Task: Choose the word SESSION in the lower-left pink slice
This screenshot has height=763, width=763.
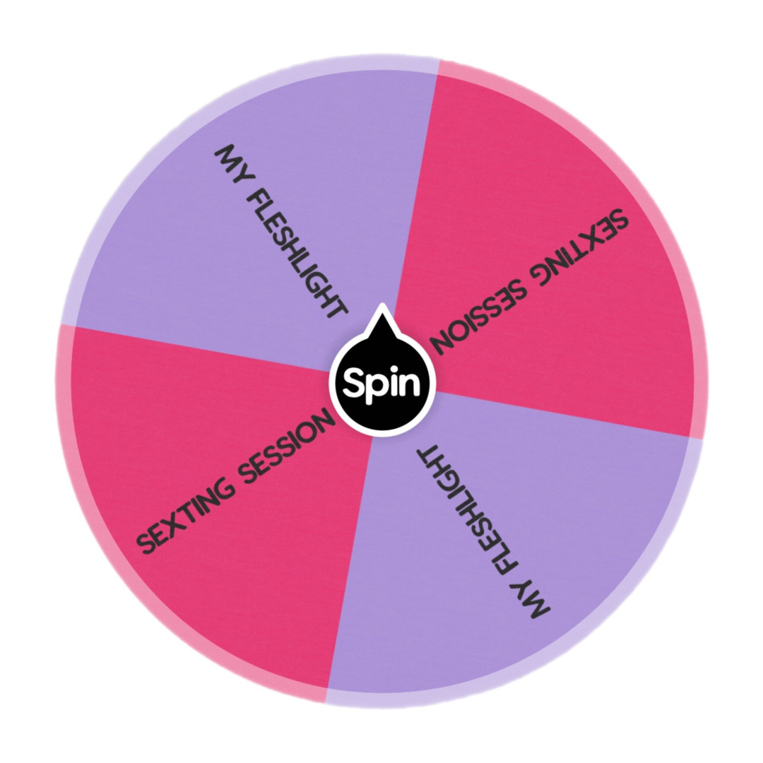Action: tap(286, 444)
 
